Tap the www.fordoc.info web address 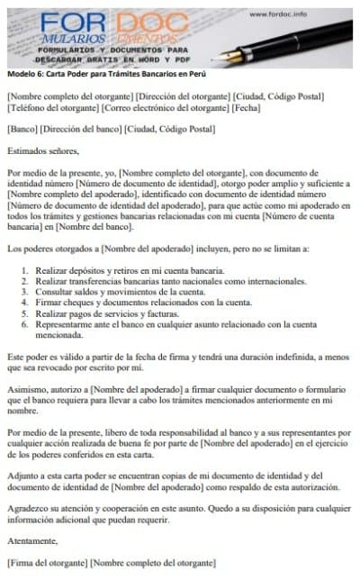point(282,14)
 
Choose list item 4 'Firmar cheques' point(144,304)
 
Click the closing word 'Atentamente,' point(35,540)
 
